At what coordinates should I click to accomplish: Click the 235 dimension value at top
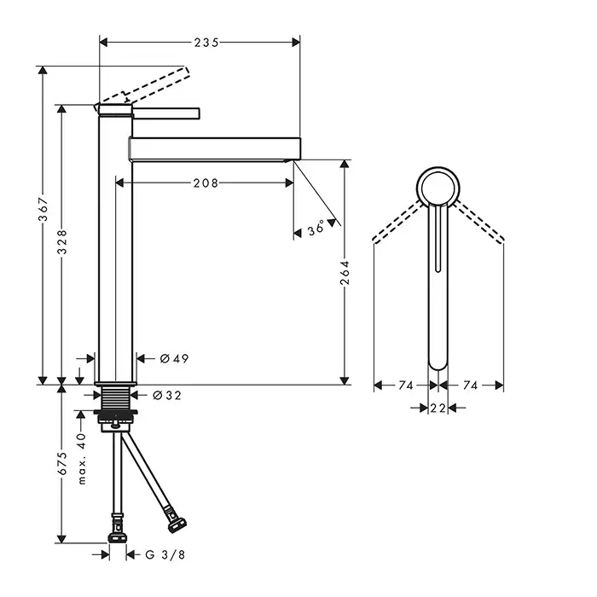tap(206, 43)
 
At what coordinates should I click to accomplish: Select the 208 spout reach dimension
tap(206, 183)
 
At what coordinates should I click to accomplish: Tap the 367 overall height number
tap(43, 209)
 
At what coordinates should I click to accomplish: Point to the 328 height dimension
tap(62, 241)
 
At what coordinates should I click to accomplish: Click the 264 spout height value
tap(345, 273)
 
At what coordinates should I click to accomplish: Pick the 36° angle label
tap(316, 228)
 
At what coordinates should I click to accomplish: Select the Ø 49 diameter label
tap(174, 359)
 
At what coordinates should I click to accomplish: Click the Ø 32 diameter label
tap(167, 396)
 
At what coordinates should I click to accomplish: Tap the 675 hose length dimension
tap(62, 463)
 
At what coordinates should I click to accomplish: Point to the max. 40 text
tap(82, 459)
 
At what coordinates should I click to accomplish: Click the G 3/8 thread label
tap(165, 554)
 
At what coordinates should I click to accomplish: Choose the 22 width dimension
tap(438, 409)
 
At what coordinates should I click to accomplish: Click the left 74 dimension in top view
tap(406, 385)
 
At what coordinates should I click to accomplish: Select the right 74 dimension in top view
tap(470, 385)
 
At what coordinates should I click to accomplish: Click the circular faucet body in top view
tap(438, 167)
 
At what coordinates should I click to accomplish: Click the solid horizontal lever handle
tap(165, 113)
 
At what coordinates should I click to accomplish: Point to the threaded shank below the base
tap(116, 398)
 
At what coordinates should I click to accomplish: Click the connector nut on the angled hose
tap(177, 525)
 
